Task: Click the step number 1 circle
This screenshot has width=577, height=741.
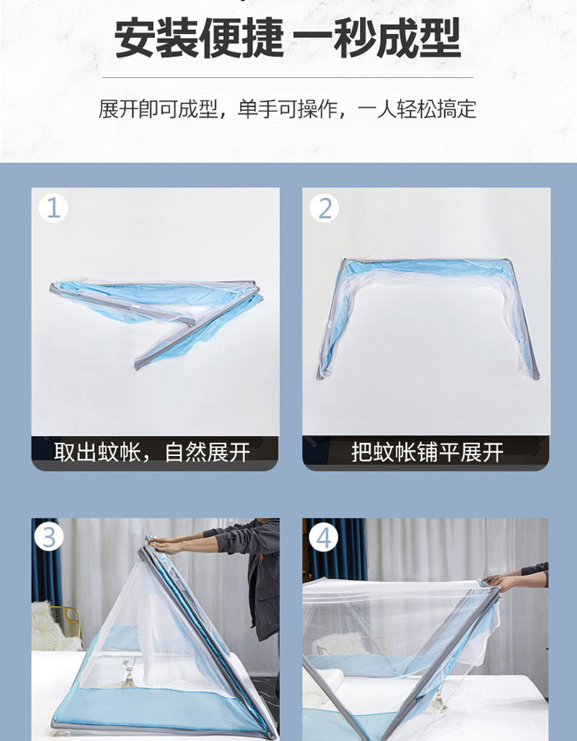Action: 53,208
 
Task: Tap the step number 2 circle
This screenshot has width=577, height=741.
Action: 325,208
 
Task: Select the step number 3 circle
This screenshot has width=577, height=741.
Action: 49,538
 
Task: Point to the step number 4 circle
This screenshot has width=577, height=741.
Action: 323,538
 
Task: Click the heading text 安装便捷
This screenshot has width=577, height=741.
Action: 198,38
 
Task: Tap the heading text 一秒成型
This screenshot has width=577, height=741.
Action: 377,38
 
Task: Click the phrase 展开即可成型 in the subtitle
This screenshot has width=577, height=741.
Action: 158,109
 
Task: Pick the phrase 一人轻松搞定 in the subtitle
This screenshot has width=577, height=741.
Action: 417,109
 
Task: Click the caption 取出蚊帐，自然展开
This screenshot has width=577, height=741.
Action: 152,452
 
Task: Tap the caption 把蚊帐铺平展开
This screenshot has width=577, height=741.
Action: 427,452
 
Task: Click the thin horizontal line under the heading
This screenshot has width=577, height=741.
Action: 288,77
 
